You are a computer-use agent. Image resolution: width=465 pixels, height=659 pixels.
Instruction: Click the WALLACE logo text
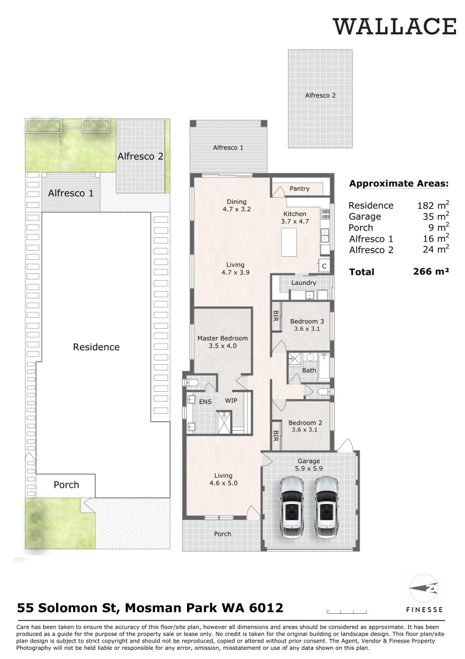tap(394, 26)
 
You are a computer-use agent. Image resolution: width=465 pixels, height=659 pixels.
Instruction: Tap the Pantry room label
tap(299, 189)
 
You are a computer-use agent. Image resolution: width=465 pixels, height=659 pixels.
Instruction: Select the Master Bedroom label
tap(222, 338)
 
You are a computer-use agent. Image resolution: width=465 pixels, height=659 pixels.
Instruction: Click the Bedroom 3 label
tap(306, 322)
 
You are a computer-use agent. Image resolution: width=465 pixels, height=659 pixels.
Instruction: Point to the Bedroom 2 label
tap(305, 423)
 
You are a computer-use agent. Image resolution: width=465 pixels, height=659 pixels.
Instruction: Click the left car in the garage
tap(291, 506)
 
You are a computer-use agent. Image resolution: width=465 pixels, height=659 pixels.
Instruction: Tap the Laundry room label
tap(303, 283)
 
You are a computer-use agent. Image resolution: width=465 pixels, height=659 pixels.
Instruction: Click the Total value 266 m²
tap(431, 272)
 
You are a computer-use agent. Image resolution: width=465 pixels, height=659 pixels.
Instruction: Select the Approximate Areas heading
tap(399, 183)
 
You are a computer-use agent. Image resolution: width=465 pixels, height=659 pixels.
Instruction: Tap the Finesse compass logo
tap(424, 589)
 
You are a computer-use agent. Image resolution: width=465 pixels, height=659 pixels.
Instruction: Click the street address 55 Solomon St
tap(150, 608)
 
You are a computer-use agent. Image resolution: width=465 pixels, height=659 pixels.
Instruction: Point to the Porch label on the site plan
tap(66, 484)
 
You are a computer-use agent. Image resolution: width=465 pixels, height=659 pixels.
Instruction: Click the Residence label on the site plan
tap(96, 347)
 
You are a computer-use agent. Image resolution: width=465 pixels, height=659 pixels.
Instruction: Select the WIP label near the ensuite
tap(231, 401)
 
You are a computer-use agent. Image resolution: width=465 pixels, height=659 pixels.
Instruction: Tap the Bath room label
tap(308, 370)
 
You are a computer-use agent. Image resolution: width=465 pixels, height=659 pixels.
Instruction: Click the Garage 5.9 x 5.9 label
tap(308, 465)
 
